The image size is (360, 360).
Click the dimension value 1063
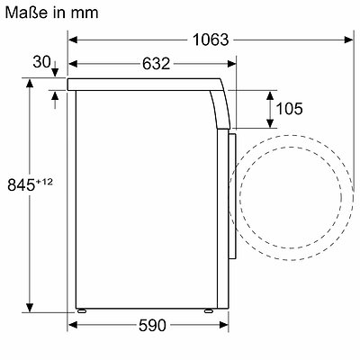pyautogui.click(x=211, y=40)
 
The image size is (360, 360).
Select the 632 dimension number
pyautogui.click(x=156, y=64)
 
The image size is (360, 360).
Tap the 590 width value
pyautogui.click(x=152, y=325)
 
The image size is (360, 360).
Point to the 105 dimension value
pyautogui.click(x=289, y=108)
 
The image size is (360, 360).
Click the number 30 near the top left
pyautogui.click(x=41, y=62)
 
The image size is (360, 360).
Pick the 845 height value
pyautogui.click(x=21, y=184)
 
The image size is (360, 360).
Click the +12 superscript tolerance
pyautogui.click(x=44, y=182)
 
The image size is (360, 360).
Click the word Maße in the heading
pyautogui.click(x=26, y=13)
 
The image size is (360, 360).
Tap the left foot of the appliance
pyautogui.click(x=82, y=310)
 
